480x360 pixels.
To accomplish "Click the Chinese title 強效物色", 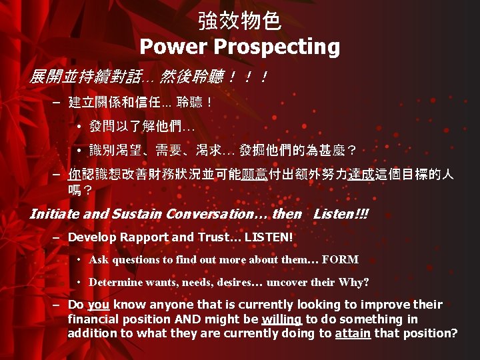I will click(239, 21).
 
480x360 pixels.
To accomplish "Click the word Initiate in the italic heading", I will click(54, 215).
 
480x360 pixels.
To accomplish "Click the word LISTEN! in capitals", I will click(269, 237).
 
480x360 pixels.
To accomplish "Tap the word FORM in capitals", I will click(344, 260).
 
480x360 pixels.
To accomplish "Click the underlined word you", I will click(98, 305).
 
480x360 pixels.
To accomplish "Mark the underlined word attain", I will click(353, 333).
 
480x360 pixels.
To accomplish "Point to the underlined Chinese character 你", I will click(74, 175).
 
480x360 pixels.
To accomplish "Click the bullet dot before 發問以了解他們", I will click(79, 125).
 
